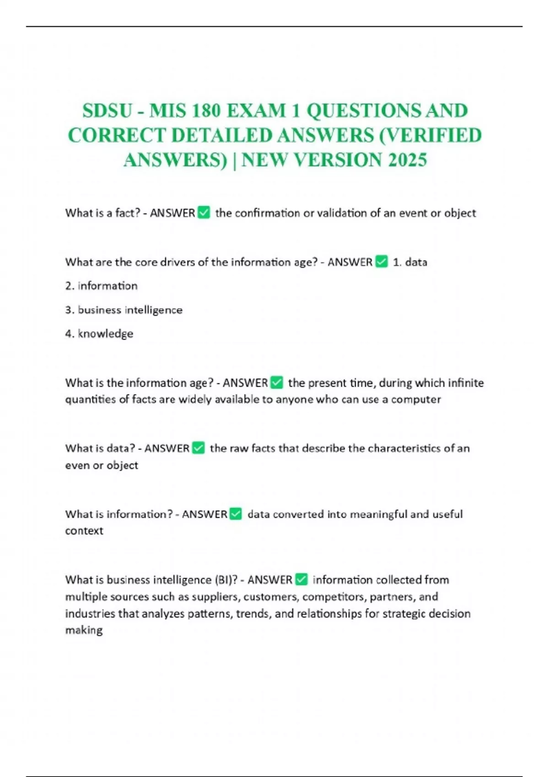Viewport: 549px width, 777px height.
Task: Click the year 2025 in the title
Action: click(407, 160)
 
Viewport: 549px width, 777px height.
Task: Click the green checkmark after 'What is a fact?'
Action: click(204, 213)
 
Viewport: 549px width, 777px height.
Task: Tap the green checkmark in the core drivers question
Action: click(382, 261)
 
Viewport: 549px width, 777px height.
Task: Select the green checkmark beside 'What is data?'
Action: click(199, 448)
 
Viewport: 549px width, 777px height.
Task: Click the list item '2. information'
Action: click(101, 286)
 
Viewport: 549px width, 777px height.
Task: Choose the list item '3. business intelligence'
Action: click(124, 310)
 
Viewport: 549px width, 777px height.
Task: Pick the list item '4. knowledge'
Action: click(99, 334)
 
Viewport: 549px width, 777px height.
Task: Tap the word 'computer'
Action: click(416, 399)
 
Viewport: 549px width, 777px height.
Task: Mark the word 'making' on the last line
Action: click(84, 630)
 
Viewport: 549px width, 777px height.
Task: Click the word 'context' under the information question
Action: click(84, 531)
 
